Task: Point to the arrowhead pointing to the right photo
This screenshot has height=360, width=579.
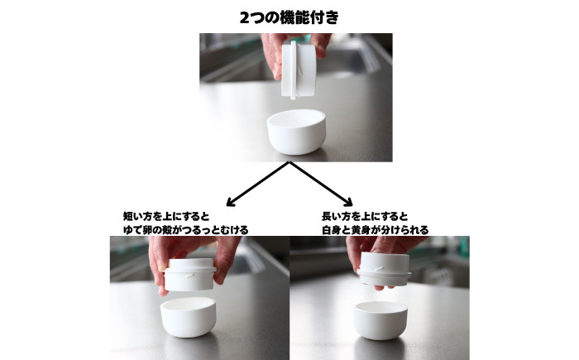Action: (350, 202)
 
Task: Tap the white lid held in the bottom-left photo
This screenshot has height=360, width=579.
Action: (190, 274)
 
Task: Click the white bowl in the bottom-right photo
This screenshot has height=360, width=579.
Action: (380, 320)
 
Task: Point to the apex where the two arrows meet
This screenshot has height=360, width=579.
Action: (289, 164)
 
